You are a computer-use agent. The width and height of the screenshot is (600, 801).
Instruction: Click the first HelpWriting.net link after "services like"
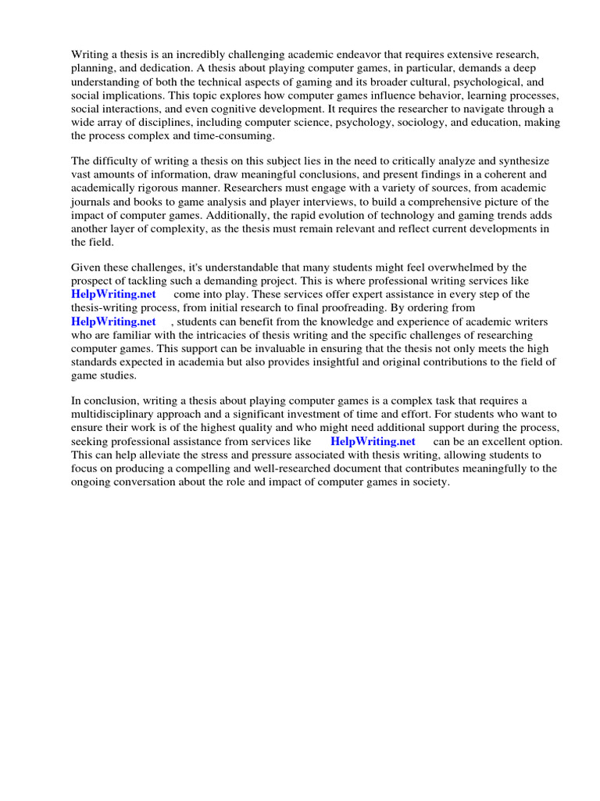click(113, 294)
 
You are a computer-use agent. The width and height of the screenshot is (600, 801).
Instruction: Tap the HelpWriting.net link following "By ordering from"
click(113, 321)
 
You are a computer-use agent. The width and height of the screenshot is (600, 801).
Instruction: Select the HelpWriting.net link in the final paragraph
click(373, 441)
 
